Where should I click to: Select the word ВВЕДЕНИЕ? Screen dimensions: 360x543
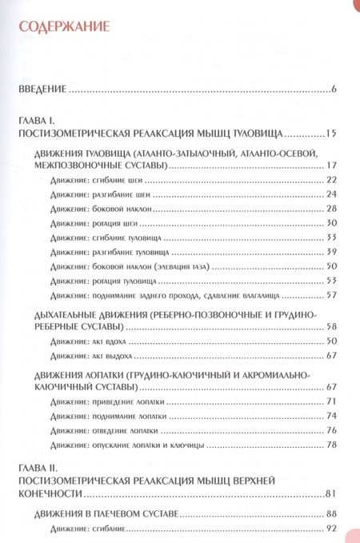click(42, 89)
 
